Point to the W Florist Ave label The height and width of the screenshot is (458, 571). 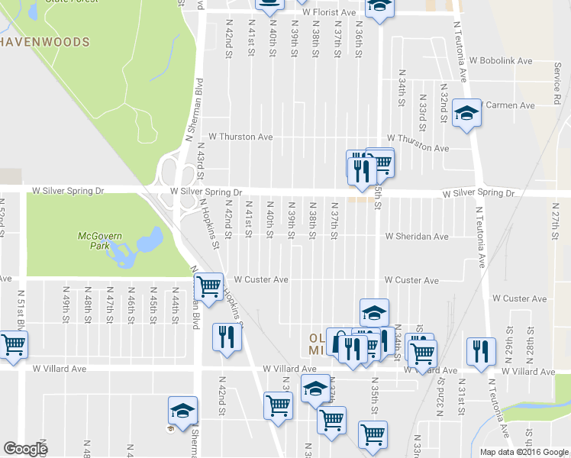pos(329,13)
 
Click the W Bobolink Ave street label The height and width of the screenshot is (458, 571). pos(501,60)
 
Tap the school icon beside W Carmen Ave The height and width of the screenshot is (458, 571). pos(466,113)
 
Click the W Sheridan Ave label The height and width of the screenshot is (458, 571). pos(416,237)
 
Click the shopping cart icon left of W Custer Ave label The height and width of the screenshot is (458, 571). pos(208,287)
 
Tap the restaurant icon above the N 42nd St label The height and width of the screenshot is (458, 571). pos(225,336)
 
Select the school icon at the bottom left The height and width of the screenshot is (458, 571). pos(182,411)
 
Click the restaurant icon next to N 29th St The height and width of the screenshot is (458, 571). pos(479,351)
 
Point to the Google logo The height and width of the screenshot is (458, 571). pos(26,449)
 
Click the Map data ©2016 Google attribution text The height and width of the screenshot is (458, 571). pos(524,452)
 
